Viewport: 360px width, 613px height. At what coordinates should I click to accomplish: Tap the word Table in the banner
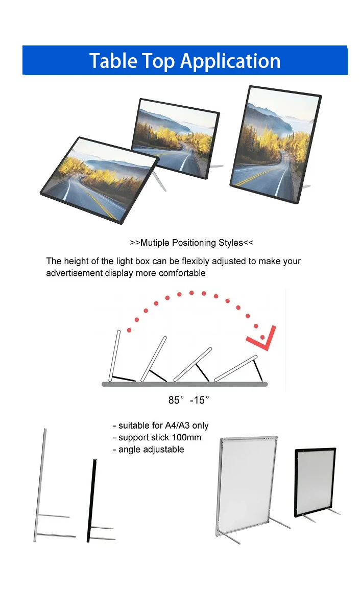110,60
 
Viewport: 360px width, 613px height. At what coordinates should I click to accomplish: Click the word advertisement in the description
75,273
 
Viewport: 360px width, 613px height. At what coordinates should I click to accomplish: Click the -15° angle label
200,400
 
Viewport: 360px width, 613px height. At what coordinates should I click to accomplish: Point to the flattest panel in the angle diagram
235,368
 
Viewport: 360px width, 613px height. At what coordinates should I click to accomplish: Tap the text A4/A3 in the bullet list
178,426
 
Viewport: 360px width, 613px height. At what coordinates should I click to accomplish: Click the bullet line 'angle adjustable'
149,450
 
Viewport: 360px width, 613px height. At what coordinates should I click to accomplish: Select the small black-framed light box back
315,482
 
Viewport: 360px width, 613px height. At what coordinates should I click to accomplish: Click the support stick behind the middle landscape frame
215,166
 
